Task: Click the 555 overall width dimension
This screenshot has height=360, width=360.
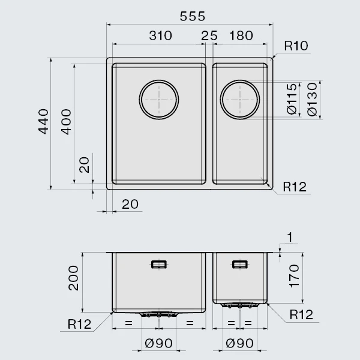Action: tap(193, 17)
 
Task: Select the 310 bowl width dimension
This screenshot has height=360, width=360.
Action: tap(160, 36)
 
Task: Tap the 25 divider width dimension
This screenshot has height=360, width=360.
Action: tap(209, 36)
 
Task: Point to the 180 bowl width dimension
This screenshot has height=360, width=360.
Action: tap(241, 36)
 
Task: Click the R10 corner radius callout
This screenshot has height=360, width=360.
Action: tap(296, 46)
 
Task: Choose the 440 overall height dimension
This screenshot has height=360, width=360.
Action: tap(43, 121)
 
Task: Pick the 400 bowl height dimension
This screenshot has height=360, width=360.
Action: tap(66, 122)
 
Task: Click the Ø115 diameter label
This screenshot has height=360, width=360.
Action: tap(292, 99)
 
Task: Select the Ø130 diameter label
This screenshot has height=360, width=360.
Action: tap(312, 100)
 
